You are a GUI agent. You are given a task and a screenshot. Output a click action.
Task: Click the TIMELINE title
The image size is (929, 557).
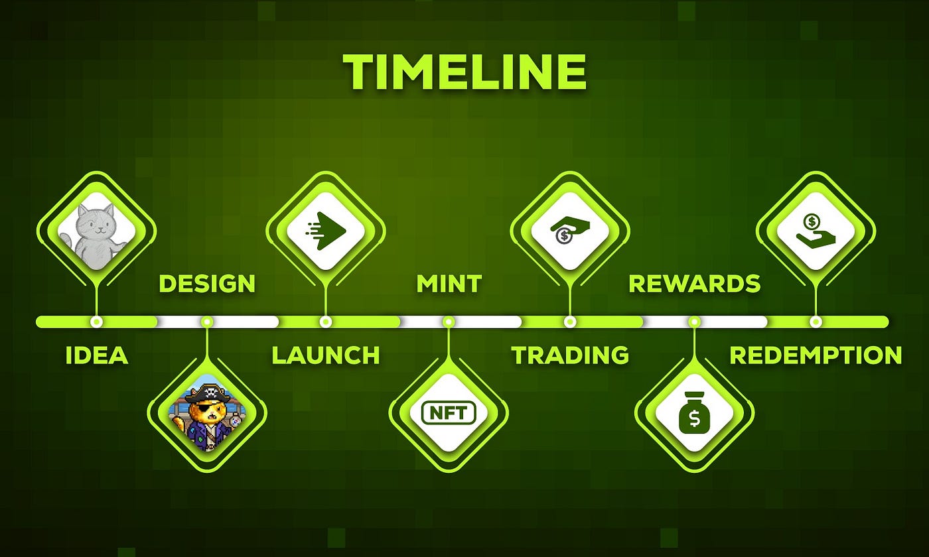pyautogui.click(x=464, y=72)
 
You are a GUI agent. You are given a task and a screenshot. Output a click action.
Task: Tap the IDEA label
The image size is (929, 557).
pyautogui.click(x=97, y=355)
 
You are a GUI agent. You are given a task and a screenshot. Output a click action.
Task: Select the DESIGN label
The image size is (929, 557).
pyautogui.click(x=207, y=284)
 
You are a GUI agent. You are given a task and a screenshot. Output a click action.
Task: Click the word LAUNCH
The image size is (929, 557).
pyautogui.click(x=326, y=355)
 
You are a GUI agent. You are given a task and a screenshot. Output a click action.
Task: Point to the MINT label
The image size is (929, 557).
pyautogui.click(x=449, y=284)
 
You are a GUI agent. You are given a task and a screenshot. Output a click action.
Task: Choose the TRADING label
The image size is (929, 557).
pyautogui.click(x=570, y=355)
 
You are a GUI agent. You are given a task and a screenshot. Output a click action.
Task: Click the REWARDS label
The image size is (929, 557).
pyautogui.click(x=695, y=284)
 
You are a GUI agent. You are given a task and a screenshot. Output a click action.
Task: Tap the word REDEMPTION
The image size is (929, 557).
pyautogui.click(x=816, y=355)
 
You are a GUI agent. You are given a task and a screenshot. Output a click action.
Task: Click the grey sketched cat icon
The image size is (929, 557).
pyautogui.click(x=96, y=231)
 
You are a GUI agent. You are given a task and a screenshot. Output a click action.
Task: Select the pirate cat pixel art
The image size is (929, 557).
pyautogui.click(x=207, y=412)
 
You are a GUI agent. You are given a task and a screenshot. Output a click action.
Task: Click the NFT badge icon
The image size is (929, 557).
pyautogui.click(x=449, y=412)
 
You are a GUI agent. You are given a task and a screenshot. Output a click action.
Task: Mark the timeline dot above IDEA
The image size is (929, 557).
pyautogui.click(x=96, y=322)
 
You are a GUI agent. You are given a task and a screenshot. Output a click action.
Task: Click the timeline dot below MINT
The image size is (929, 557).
pyautogui.click(x=449, y=322)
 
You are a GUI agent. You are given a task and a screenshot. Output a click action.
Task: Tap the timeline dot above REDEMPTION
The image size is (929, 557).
pyautogui.click(x=816, y=322)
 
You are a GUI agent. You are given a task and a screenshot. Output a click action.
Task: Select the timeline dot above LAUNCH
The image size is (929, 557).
pyautogui.click(x=326, y=322)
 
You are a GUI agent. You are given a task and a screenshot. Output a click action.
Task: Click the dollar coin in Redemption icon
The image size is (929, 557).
pyautogui.click(x=812, y=221)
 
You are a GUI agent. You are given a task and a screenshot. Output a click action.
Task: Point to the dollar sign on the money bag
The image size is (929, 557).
pyautogui.click(x=695, y=418)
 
